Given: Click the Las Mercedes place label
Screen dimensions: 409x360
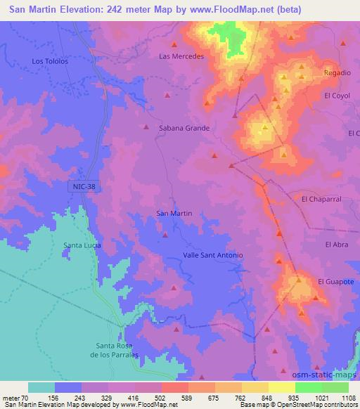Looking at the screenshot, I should (x=181, y=56).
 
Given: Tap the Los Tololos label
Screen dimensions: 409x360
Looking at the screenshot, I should (x=50, y=61).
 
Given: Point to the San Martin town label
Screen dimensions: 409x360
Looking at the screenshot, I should (x=173, y=213).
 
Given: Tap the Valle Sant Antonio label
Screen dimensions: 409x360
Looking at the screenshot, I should (x=212, y=255).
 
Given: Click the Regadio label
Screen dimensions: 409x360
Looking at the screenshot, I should (x=336, y=72).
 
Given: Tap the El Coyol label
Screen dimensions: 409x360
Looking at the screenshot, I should (x=337, y=95).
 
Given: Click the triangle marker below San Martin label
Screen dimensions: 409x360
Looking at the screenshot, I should (x=165, y=235).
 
